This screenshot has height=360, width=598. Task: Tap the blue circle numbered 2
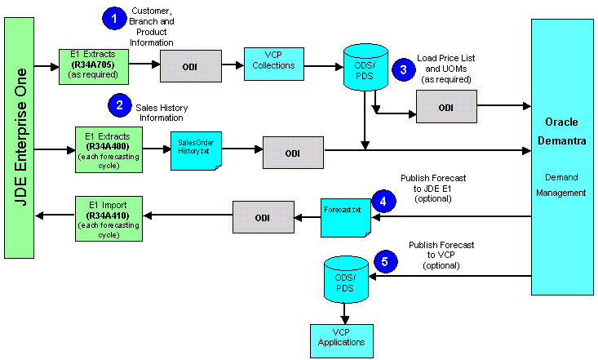click(120, 104)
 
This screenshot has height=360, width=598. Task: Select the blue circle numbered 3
click(401, 69)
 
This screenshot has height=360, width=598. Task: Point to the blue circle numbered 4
click(382, 199)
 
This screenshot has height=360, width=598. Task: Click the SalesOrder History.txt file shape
click(196, 149)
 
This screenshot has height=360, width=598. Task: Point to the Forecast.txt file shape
click(346, 215)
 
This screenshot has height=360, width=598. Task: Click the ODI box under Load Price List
click(445, 106)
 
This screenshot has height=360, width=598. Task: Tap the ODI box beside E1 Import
click(263, 216)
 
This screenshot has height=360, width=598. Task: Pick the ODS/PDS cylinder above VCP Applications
click(344, 279)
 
